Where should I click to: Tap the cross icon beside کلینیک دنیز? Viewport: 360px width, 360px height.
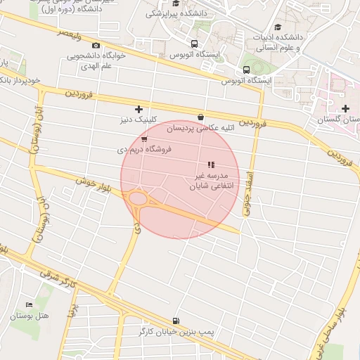tap(139, 109)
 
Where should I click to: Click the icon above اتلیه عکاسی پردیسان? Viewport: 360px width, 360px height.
tap(202, 117)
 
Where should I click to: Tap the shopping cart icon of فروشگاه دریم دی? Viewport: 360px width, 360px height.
tap(144, 140)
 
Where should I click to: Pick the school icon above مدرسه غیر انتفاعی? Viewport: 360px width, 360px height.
tap(211, 165)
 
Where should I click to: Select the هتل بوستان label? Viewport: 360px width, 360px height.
tap(29, 316)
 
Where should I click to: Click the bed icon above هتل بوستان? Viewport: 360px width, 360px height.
tap(29, 304)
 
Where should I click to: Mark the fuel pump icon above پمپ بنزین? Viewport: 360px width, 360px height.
tap(175, 319)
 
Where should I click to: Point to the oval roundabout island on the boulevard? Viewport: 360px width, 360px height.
tap(139, 200)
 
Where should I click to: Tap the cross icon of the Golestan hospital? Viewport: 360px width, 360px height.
tap(345, 108)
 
